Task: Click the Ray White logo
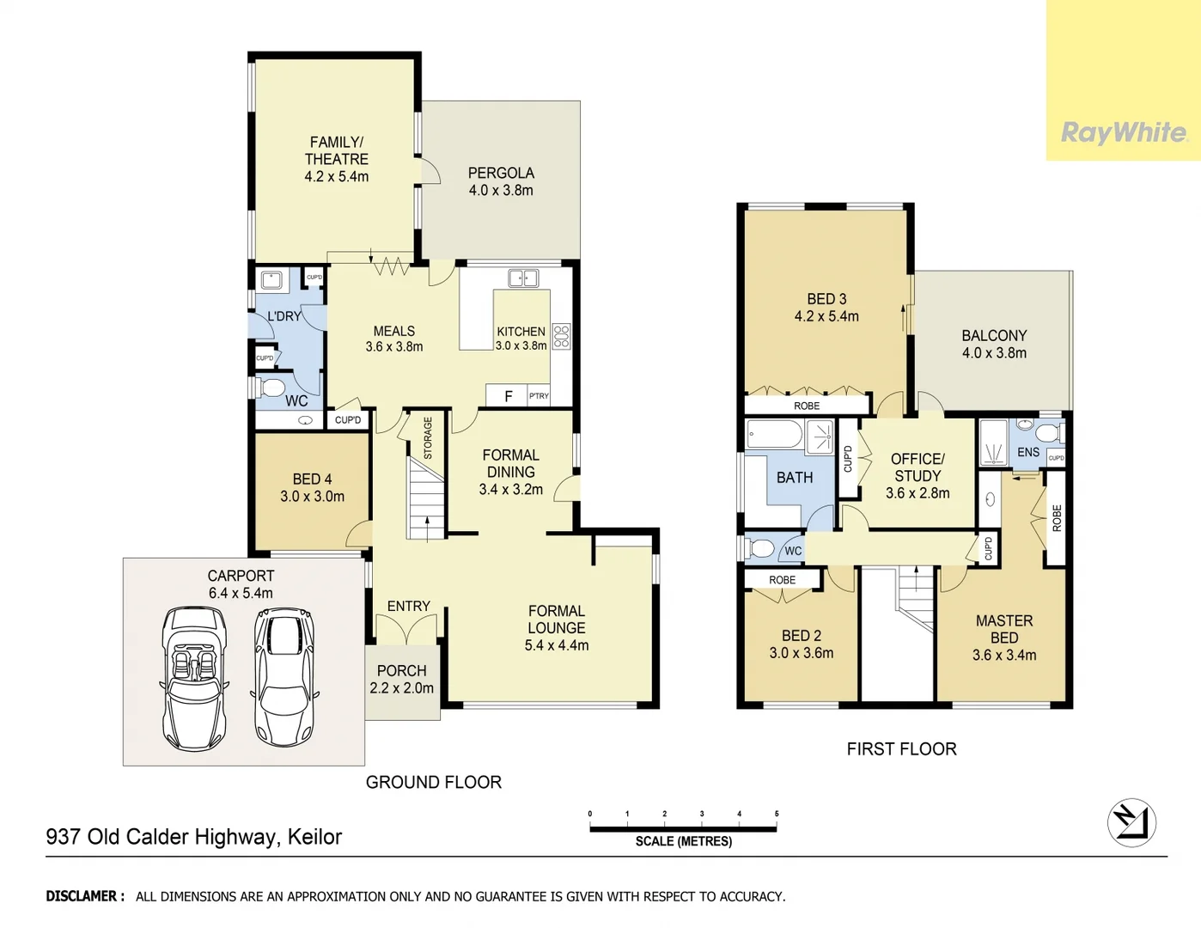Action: click(x=1124, y=132)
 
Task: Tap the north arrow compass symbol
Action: click(x=1131, y=822)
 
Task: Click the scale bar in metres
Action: click(x=683, y=828)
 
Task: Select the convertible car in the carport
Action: click(x=195, y=678)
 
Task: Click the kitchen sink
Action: click(x=522, y=278)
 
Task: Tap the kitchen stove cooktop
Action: click(x=561, y=336)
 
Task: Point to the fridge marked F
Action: click(x=508, y=395)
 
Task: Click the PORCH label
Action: click(x=401, y=670)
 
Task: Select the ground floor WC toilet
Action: click(x=271, y=388)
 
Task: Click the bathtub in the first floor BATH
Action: click(x=774, y=435)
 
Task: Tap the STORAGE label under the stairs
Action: click(x=428, y=438)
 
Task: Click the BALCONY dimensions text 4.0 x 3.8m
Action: click(x=994, y=353)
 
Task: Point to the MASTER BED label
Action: click(x=1003, y=629)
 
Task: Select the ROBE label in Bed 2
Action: click(x=782, y=580)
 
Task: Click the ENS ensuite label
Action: click(x=1027, y=452)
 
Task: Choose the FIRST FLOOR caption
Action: click(x=901, y=749)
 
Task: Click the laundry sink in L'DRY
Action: click(x=272, y=279)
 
